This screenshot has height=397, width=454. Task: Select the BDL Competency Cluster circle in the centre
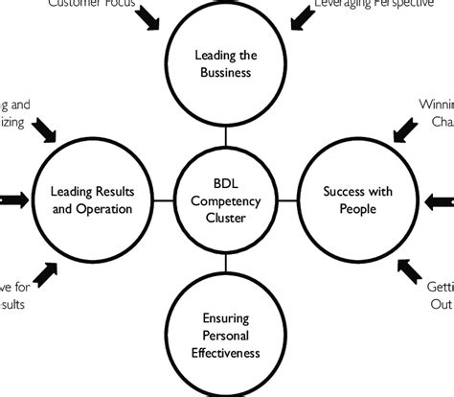tap(227, 200)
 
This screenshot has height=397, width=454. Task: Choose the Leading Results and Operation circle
tap(91, 199)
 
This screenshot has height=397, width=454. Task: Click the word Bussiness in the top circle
tap(226, 72)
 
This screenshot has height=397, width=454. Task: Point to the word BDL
tap(227, 183)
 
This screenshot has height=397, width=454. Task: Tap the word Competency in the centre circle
tap(227, 200)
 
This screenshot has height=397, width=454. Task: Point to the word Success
tap(334, 191)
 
